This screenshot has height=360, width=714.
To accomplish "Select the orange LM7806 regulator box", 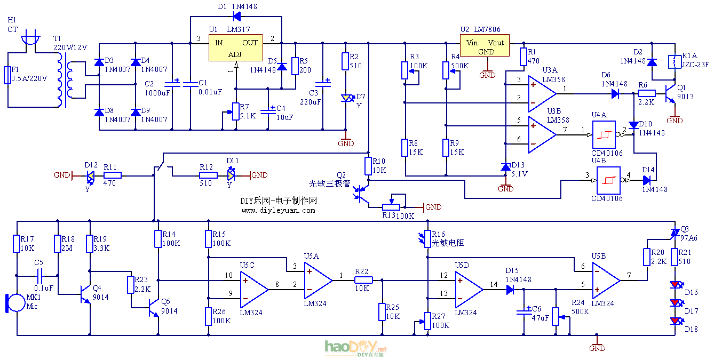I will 485,46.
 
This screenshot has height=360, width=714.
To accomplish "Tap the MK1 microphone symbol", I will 15,302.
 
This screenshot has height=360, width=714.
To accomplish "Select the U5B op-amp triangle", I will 605,281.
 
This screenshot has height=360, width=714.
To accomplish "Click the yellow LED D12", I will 90,175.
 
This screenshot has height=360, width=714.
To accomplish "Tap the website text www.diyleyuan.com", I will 278,210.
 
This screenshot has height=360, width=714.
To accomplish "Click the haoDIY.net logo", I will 355,348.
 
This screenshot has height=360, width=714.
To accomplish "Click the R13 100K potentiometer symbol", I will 393,206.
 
